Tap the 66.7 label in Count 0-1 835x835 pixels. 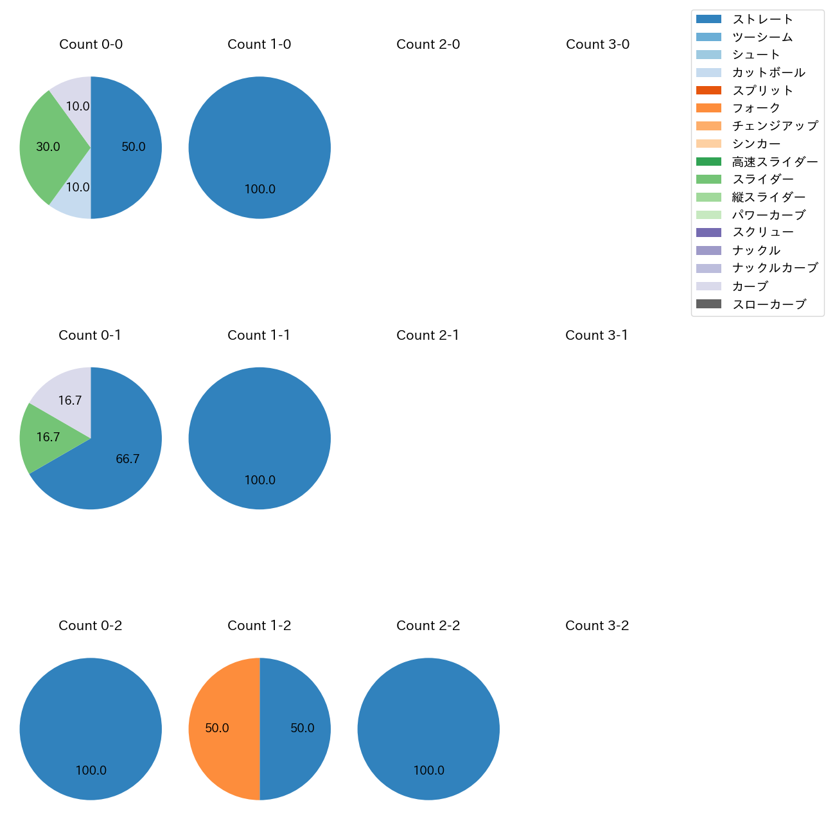pyautogui.click(x=127, y=459)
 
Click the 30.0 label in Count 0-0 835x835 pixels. pyautogui.click(x=48, y=147)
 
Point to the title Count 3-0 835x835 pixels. pyautogui.click(x=597, y=44)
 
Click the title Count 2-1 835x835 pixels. pyautogui.click(x=428, y=335)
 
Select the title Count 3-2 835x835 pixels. pyautogui.click(x=597, y=626)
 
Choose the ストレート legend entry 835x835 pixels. pyautogui.click(x=762, y=19)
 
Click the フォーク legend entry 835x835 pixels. pyautogui.click(x=756, y=108)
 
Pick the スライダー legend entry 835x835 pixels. pyautogui.click(x=762, y=179)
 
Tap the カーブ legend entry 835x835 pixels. pyautogui.click(x=750, y=286)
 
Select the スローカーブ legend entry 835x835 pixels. pyautogui.click(x=769, y=304)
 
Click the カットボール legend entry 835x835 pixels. pyautogui.click(x=768, y=73)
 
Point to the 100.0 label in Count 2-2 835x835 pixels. pyautogui.click(x=428, y=771)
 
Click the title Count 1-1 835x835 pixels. pyautogui.click(x=259, y=335)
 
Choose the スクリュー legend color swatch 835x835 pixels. pyautogui.click(x=708, y=233)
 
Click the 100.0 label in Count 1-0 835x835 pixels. pyautogui.click(x=259, y=189)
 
